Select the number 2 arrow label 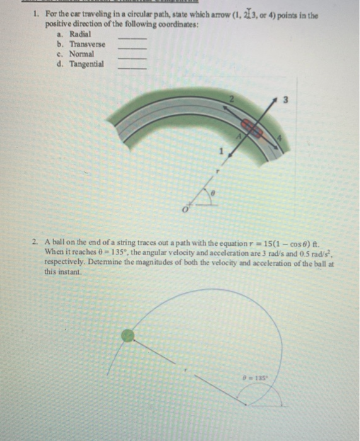(x=231, y=100)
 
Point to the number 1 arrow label (x=220, y=151)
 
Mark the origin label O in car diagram (x=185, y=209)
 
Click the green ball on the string (x=128, y=336)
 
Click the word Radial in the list (x=79, y=33)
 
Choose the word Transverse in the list (x=87, y=43)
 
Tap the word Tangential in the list (x=86, y=64)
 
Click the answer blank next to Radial (x=132, y=38)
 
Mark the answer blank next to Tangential (x=132, y=67)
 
